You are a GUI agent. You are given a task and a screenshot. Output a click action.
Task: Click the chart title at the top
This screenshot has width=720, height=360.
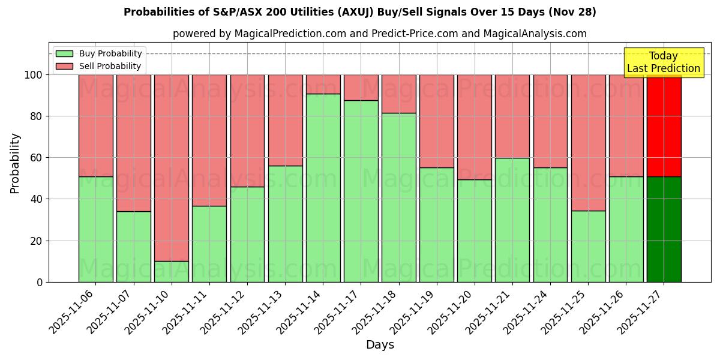point(359,12)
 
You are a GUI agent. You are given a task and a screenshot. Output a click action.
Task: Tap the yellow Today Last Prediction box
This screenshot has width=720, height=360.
point(664,62)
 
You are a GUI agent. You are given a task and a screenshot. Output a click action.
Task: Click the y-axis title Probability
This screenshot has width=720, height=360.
point(15,163)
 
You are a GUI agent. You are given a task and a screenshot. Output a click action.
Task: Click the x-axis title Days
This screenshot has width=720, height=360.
point(380,345)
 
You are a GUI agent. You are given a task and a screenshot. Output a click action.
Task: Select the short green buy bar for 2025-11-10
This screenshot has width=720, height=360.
point(172,271)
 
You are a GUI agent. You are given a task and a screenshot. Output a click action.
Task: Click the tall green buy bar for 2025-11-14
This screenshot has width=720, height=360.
point(323,188)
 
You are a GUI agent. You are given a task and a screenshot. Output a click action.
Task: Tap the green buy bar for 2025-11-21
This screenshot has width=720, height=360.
point(512,220)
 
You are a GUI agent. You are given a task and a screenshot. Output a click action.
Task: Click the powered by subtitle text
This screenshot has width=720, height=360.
point(380,34)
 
